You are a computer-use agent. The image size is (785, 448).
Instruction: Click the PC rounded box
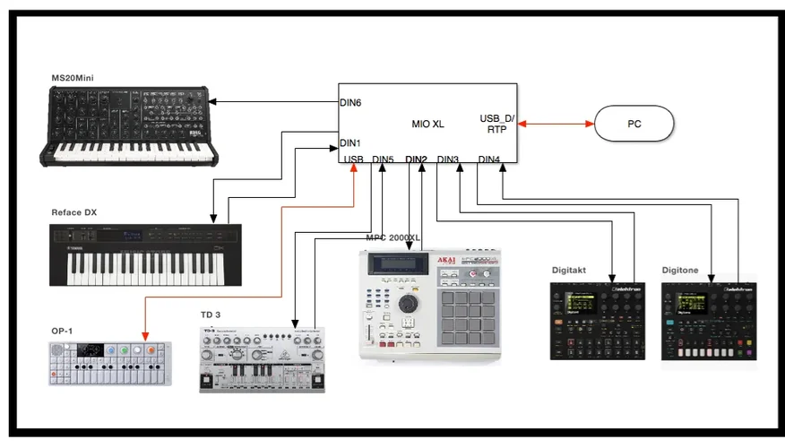tap(634, 123)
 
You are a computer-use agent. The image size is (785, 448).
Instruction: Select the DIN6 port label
tap(350, 103)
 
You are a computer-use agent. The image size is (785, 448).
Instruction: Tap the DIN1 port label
tap(350, 142)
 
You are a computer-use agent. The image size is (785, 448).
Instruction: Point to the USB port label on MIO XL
tap(354, 160)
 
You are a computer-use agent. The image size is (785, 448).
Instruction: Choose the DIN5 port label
tap(383, 160)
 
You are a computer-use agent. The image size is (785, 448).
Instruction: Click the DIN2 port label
tap(416, 160)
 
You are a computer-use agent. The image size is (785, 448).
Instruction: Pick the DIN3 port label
tap(448, 160)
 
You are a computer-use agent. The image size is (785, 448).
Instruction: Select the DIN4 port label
tap(489, 160)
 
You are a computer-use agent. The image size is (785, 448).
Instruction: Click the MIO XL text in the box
tap(427, 124)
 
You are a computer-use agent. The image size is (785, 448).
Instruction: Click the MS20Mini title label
tap(73, 80)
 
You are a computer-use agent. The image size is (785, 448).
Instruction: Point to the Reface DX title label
tap(74, 212)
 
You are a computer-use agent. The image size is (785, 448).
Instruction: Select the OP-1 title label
tap(63, 332)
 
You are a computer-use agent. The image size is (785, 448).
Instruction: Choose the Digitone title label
tap(681, 270)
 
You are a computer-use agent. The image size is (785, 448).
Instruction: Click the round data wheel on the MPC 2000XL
tap(410, 305)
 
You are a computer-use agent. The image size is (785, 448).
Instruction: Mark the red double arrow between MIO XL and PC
tap(556, 123)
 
